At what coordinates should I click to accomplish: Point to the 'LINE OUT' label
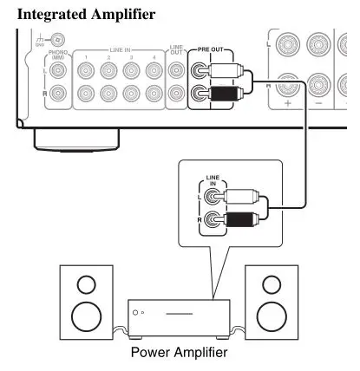click(x=177, y=54)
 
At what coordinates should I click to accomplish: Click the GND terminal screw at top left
click(x=56, y=39)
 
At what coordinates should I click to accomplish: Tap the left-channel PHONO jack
click(x=59, y=73)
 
